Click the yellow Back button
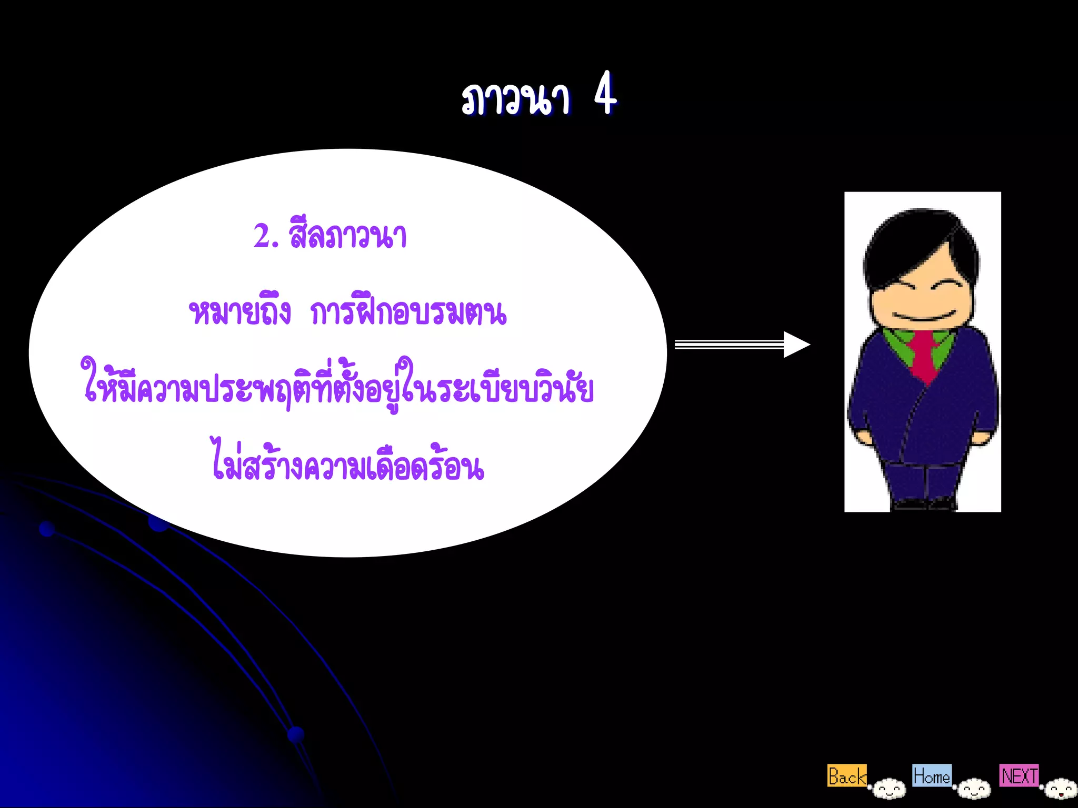tap(846, 776)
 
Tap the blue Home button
tap(932, 775)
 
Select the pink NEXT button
tap(1019, 775)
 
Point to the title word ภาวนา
tap(516, 99)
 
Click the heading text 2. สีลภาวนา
tap(330, 236)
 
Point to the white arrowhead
tap(796, 345)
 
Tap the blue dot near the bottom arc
tap(296, 734)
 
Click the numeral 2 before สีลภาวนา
tap(262, 236)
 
